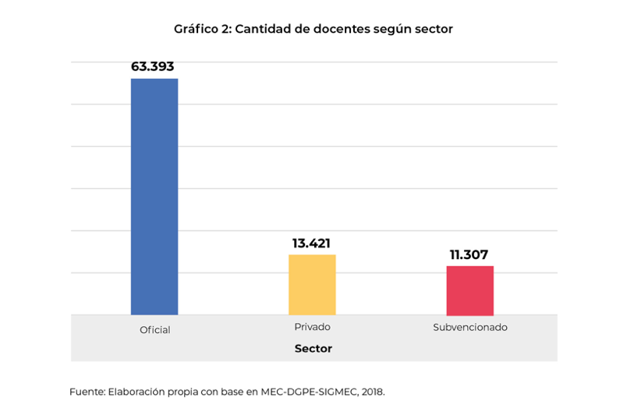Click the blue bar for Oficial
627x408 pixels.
154,196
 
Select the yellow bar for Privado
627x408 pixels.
312,284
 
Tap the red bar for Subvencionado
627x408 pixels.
469,289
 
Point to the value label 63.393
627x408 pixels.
153,67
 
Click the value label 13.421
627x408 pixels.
311,243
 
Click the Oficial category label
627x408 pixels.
154,330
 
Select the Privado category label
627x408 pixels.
312,327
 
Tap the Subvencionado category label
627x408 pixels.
469,327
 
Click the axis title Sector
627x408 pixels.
313,349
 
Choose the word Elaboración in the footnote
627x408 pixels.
136,391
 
